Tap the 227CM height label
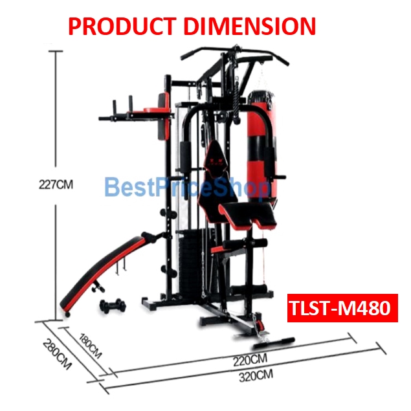(56, 184)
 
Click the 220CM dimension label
(250, 358)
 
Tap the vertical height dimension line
(56, 117)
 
